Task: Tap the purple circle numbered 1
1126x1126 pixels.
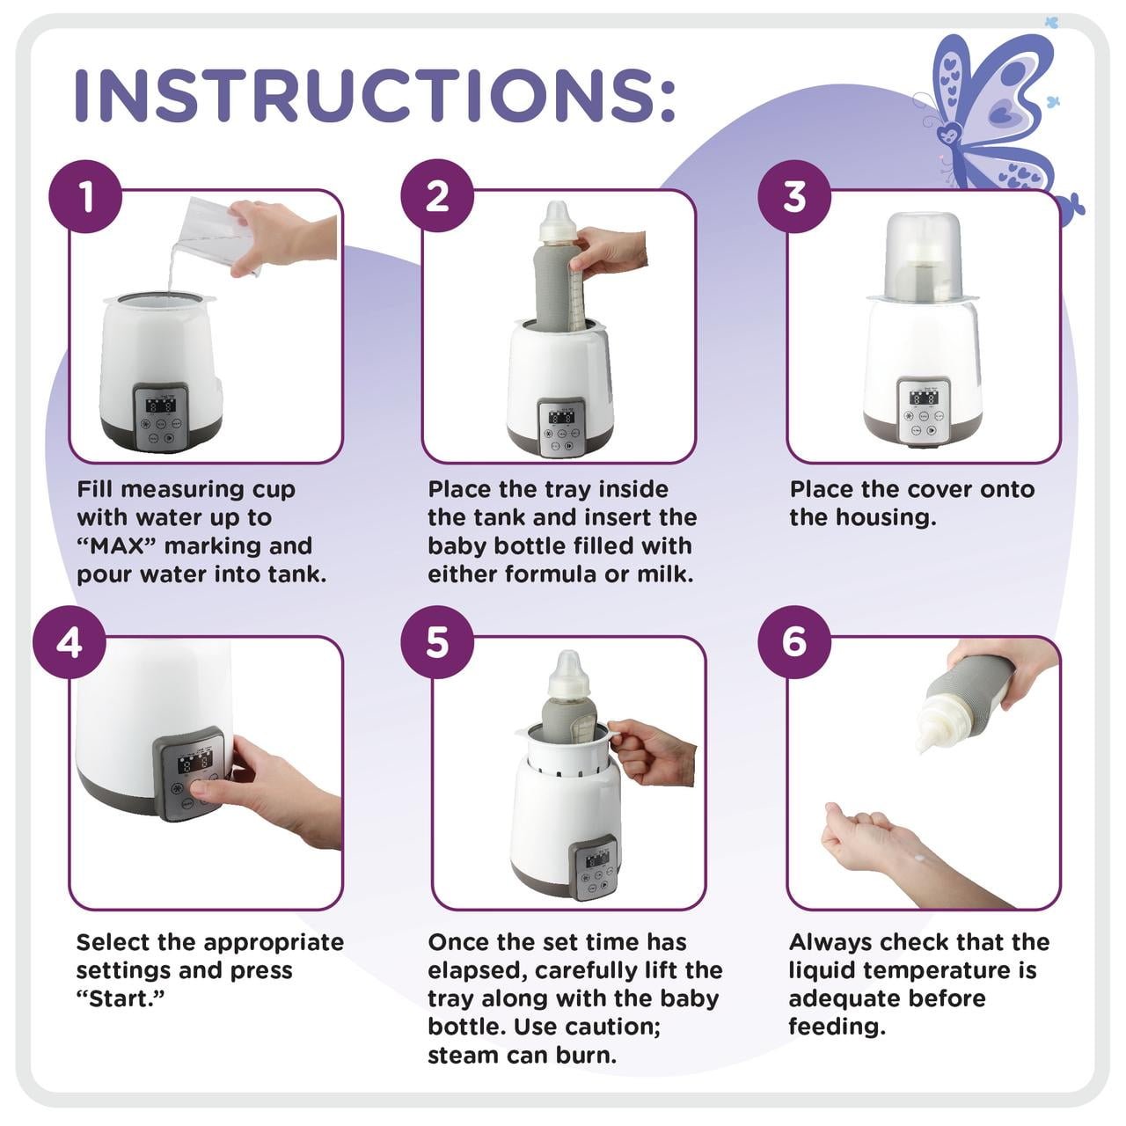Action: click(86, 196)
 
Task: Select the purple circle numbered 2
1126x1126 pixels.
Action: click(437, 196)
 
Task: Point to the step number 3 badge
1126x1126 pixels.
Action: click(794, 196)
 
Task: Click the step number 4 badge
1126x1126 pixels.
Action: click(69, 642)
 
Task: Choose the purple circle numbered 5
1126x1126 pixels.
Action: click(437, 642)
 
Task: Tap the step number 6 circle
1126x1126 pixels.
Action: click(794, 642)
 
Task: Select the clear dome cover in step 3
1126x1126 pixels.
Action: click(921, 255)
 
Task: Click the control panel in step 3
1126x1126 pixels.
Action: click(924, 411)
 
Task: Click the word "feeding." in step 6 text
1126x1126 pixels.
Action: click(836, 1027)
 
